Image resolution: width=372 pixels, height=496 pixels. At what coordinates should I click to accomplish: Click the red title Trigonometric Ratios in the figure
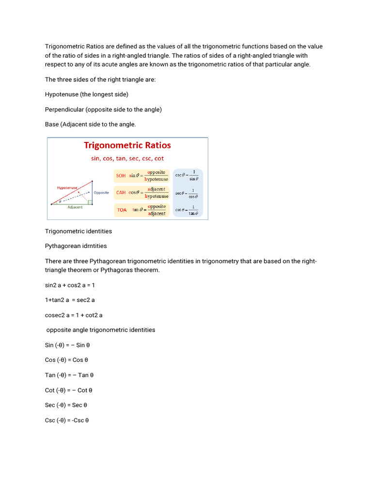[127, 145]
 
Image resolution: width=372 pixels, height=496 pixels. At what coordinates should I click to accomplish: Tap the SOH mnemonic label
[121, 176]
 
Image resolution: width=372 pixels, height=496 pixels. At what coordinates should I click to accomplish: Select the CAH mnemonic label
[121, 192]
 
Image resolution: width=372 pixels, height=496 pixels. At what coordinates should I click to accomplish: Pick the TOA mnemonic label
[122, 210]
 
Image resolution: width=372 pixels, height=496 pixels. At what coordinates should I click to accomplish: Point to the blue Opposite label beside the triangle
[101, 192]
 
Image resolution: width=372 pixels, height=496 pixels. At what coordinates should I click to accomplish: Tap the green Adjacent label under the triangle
[75, 207]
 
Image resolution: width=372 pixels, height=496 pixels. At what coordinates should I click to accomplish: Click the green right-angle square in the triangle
[90, 202]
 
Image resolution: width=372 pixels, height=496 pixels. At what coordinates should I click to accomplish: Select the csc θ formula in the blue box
[187, 175]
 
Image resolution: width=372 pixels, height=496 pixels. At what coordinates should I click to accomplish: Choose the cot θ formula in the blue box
[187, 210]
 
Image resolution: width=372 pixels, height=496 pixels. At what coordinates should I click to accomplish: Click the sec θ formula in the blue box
[187, 193]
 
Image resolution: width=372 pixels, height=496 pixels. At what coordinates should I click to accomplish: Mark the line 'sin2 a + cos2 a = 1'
[70, 285]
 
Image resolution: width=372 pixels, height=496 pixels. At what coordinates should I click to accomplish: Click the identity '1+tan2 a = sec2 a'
[70, 300]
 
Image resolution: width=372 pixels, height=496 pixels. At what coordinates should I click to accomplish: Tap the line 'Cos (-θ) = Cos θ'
[66, 360]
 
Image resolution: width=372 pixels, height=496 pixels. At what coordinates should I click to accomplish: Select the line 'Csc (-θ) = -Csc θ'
[67, 420]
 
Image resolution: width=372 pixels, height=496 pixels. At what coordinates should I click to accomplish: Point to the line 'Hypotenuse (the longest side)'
[87, 94]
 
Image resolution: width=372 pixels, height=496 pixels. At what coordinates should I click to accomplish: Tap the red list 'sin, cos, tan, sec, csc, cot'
[127, 158]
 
